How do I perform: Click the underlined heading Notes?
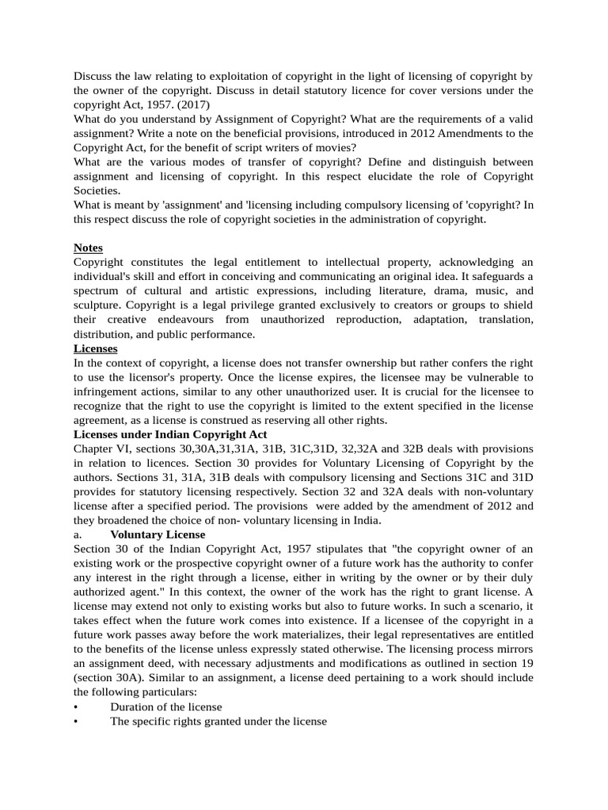coord(88,248)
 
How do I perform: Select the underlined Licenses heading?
coord(95,348)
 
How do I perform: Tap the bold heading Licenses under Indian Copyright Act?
coord(170,434)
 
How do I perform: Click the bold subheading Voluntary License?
coord(158,534)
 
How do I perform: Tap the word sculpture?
coord(100,305)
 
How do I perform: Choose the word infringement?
coord(108,391)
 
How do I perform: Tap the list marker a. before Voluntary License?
coord(78,534)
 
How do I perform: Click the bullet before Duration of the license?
coord(76,706)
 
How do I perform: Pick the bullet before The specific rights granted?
coord(76,721)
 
